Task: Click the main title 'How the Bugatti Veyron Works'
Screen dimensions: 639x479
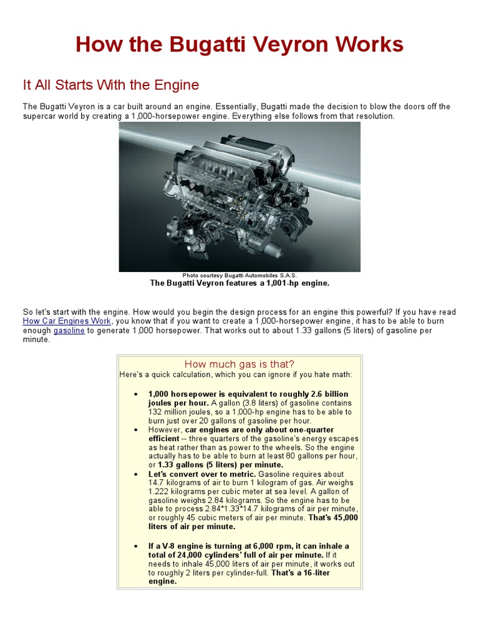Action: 239,45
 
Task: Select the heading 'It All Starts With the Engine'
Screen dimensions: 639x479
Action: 111,85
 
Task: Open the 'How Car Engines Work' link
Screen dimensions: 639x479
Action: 67,321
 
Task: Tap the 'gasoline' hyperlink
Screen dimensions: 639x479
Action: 69,331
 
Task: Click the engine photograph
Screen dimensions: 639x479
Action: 239,197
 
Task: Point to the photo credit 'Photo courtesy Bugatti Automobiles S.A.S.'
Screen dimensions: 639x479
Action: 239,275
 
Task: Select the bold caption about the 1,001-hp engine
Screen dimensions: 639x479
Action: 239,283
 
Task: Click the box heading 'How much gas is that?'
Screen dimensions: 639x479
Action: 239,364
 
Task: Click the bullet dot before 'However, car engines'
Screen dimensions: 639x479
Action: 136,431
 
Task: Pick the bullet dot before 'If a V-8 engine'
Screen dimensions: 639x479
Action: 136,547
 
